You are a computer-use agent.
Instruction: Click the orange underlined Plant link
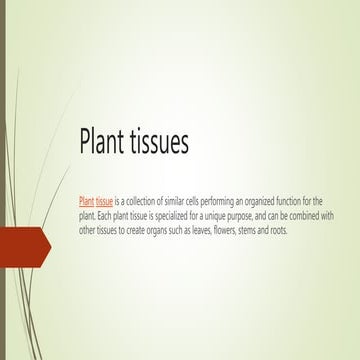86,201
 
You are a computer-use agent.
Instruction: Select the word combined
314,215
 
